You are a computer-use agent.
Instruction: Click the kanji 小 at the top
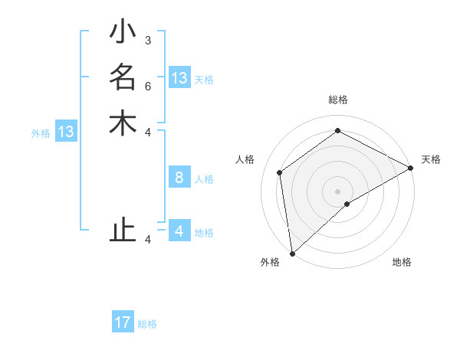pyautogui.click(x=123, y=33)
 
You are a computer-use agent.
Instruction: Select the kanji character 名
pyautogui.click(x=123, y=78)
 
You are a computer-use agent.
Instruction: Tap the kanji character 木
pyautogui.click(x=123, y=123)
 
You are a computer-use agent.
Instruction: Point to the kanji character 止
pyautogui.click(x=123, y=231)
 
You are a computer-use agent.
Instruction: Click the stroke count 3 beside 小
pyautogui.click(x=147, y=40)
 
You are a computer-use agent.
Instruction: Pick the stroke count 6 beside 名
pyautogui.click(x=147, y=86)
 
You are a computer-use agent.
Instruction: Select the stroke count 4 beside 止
pyautogui.click(x=147, y=240)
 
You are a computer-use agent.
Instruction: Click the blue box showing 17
pyautogui.click(x=123, y=322)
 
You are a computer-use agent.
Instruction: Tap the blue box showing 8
pyautogui.click(x=179, y=178)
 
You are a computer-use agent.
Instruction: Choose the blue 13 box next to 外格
pyautogui.click(x=66, y=132)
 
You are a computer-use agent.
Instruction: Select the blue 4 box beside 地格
pyautogui.click(x=179, y=231)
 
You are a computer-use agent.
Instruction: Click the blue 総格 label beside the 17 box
pyautogui.click(x=148, y=324)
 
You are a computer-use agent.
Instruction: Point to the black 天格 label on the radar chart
pyautogui.click(x=431, y=159)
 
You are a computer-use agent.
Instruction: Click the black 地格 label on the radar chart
pyautogui.click(x=402, y=262)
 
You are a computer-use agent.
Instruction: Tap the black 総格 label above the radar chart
pyautogui.click(x=338, y=100)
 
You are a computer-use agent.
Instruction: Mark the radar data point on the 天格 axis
pyautogui.click(x=411, y=168)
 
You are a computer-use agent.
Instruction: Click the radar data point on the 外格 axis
pyautogui.click(x=292, y=254)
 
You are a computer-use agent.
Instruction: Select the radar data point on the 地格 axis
pyautogui.click(x=347, y=204)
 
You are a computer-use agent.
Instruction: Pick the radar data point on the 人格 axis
pyautogui.click(x=280, y=172)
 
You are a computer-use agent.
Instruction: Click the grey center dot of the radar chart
pyautogui.click(x=338, y=191)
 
